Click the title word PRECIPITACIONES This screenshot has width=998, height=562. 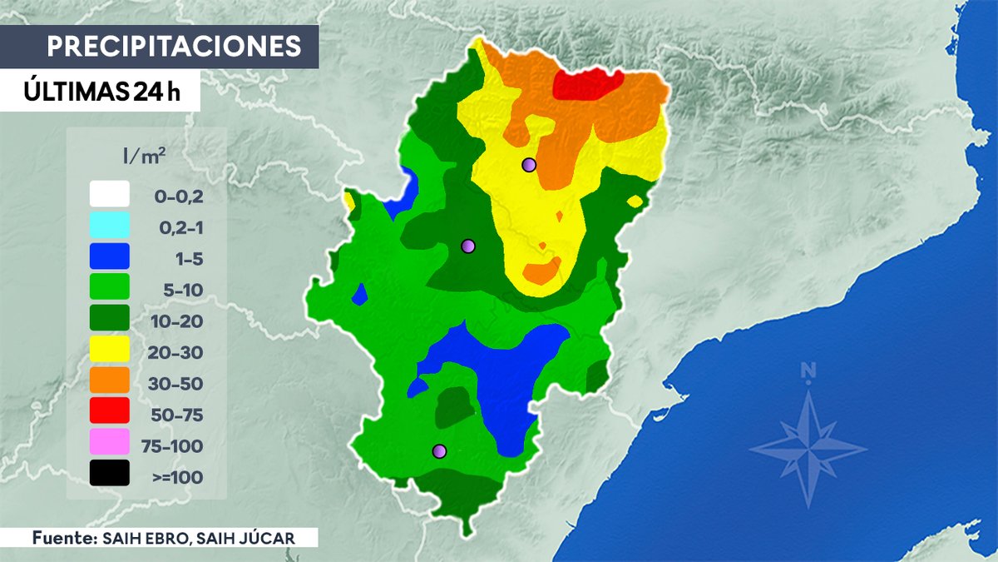[x=174, y=46]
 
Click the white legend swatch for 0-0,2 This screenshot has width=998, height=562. [x=110, y=195]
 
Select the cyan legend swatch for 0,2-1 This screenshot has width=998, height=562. [x=110, y=226]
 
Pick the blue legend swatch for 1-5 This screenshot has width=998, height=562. [x=110, y=256]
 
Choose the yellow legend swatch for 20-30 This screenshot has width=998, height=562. [x=110, y=350]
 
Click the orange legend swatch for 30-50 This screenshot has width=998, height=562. [x=110, y=380]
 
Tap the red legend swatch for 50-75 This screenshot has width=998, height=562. [x=110, y=411]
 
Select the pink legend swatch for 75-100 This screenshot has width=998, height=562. [x=110, y=442]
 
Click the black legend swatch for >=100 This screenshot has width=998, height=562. [x=110, y=473]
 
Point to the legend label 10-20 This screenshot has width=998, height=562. [x=178, y=321]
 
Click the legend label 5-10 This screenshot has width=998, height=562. [x=178, y=291]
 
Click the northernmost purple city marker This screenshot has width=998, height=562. [x=528, y=165]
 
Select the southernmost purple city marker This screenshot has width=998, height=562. [x=440, y=451]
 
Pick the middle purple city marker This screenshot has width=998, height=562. [x=468, y=246]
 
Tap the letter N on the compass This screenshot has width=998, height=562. [x=808, y=372]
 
